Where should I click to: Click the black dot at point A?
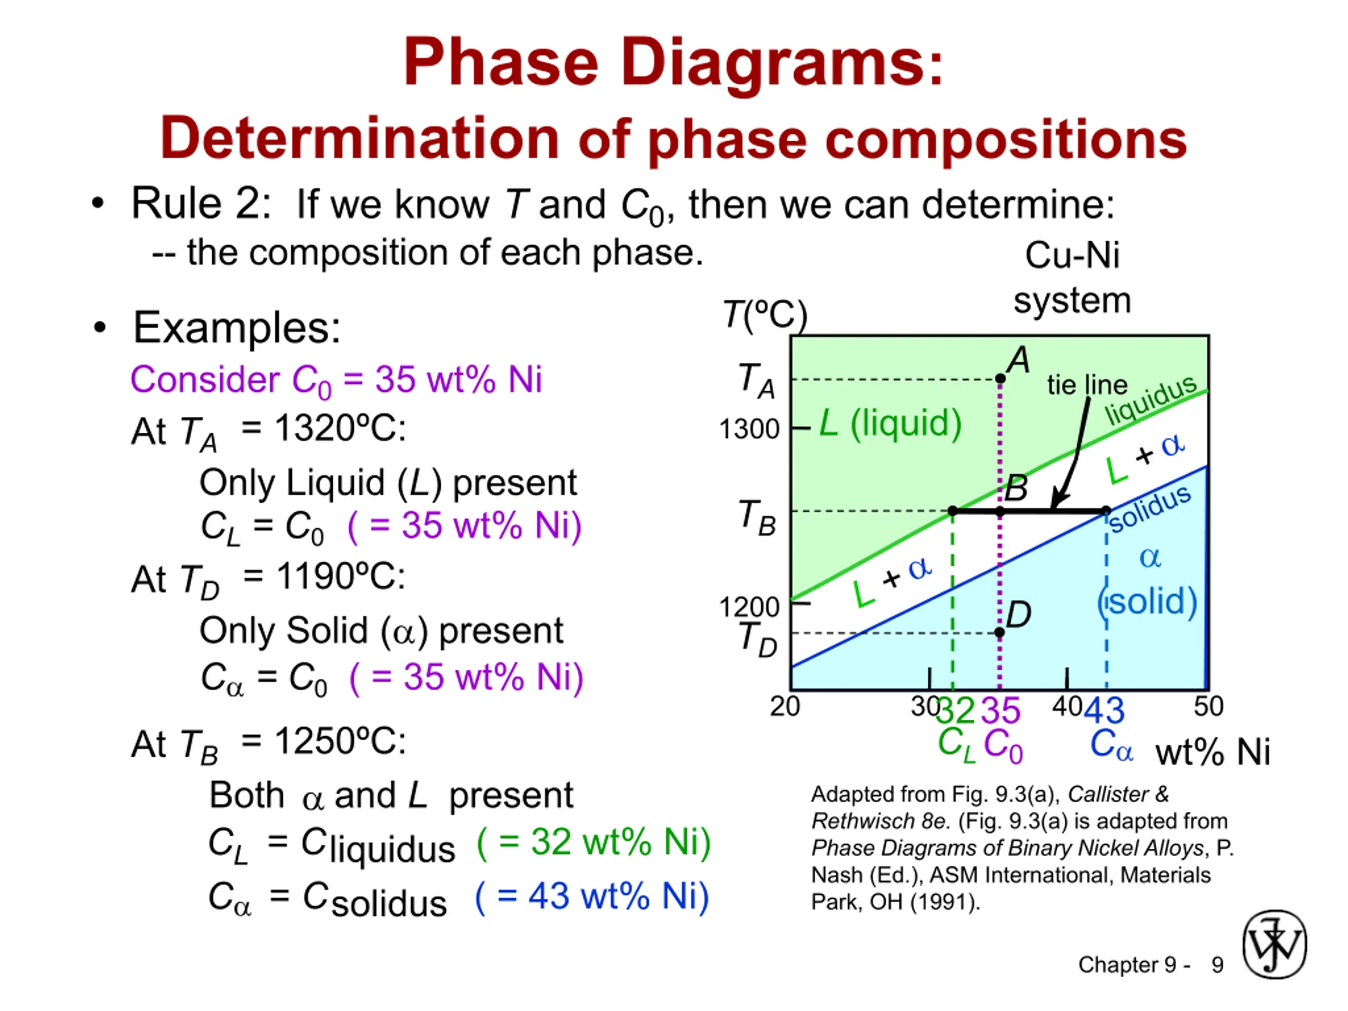coord(1000,379)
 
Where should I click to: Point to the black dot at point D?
coord(999,632)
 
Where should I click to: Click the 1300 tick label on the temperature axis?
coord(749,429)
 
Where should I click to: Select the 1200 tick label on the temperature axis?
coord(749,607)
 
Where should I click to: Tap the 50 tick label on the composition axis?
coord(1208,706)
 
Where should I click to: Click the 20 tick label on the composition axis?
coord(785,706)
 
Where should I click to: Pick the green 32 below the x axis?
coord(956,710)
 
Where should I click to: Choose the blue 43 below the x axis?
coord(1104,710)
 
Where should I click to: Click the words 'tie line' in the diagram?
coord(1087,385)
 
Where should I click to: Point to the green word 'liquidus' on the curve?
coord(1151,400)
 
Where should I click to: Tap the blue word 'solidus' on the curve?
coord(1149,509)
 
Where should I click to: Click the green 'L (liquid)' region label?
coord(890,423)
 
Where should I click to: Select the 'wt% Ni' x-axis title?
coord(1213,752)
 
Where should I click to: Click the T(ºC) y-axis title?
coord(765,315)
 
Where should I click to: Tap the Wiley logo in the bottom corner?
coord(1274,944)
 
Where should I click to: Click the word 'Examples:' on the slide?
coord(236,328)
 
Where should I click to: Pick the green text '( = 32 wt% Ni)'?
coord(593,842)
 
